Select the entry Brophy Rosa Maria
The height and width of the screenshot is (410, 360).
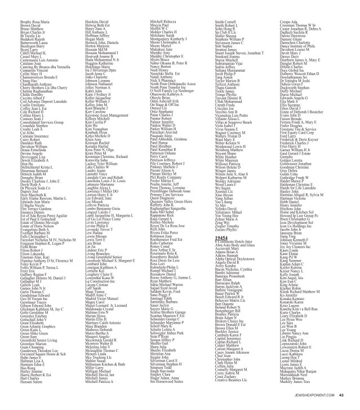click(x=21, y=6)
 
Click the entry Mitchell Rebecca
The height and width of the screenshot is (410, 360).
click(x=164, y=6)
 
